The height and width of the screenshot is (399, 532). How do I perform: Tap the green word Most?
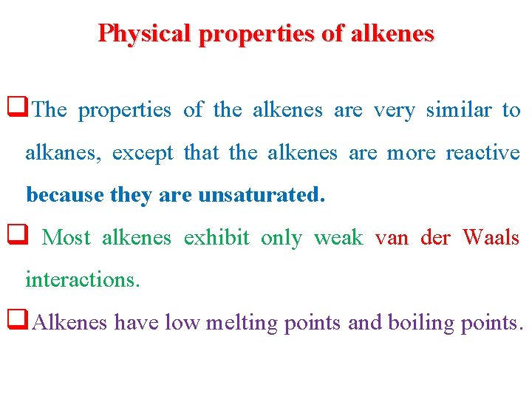(66, 238)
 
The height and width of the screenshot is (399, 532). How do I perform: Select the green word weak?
(338, 238)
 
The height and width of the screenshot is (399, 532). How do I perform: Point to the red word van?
(392, 238)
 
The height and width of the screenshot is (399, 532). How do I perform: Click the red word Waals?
(491, 238)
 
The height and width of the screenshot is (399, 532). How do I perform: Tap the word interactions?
(82, 280)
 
